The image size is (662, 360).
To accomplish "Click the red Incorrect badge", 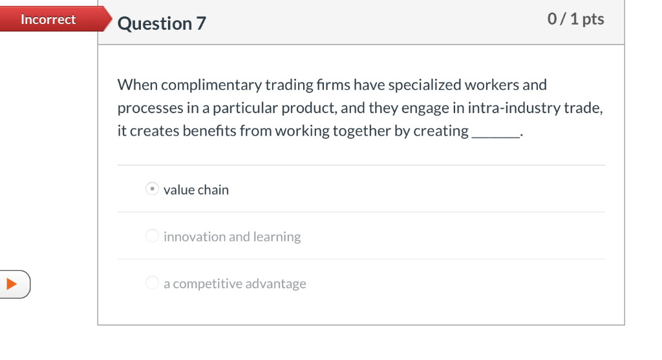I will click(48, 19).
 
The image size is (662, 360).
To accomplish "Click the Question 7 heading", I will click(162, 24).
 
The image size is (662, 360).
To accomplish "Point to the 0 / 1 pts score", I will click(575, 19).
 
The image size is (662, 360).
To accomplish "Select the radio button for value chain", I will click(152, 189).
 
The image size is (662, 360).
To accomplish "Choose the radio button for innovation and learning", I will click(152, 236).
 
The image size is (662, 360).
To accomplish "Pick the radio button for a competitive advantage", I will click(152, 283).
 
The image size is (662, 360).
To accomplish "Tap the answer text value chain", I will click(196, 190).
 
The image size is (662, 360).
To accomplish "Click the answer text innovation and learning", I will click(232, 237).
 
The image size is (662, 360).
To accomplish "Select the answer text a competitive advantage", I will click(235, 284).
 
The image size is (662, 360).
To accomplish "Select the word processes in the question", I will click(146, 109).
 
